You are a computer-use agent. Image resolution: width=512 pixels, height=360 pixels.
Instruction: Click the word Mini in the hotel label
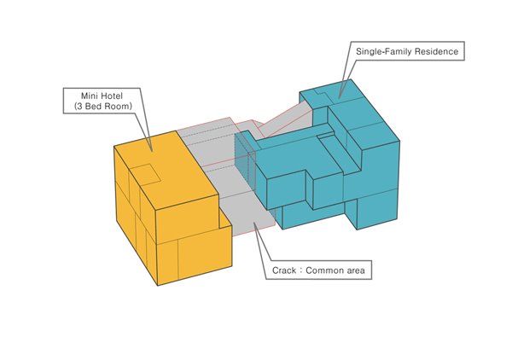click(89, 96)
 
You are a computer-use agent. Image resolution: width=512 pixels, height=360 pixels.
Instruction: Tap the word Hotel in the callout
click(112, 96)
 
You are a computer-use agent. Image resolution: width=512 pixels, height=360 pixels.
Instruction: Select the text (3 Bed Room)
click(103, 107)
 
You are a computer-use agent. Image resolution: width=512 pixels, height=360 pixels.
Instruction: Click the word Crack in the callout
click(284, 270)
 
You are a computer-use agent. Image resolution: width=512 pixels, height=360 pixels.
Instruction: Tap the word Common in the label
click(324, 270)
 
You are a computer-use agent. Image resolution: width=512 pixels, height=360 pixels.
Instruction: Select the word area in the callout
click(355, 271)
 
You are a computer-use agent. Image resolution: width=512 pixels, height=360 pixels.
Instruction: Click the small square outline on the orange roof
click(146, 174)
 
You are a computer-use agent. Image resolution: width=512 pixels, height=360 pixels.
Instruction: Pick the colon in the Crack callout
click(300, 271)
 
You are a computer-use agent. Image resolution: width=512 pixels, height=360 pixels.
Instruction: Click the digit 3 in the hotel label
click(79, 107)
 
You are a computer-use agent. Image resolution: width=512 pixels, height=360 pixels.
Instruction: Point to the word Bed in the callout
click(93, 107)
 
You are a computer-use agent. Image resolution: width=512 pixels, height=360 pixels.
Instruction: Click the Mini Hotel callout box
click(102, 101)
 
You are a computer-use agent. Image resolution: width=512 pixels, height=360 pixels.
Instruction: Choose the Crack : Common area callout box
click(318, 270)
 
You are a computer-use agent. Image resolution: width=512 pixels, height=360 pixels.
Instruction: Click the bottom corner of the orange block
click(158, 286)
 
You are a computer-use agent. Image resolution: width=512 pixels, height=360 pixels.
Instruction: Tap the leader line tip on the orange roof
click(152, 152)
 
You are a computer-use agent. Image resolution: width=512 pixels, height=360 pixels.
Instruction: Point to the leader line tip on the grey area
click(254, 224)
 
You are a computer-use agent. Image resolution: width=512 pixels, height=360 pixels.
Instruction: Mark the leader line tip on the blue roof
click(339, 97)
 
